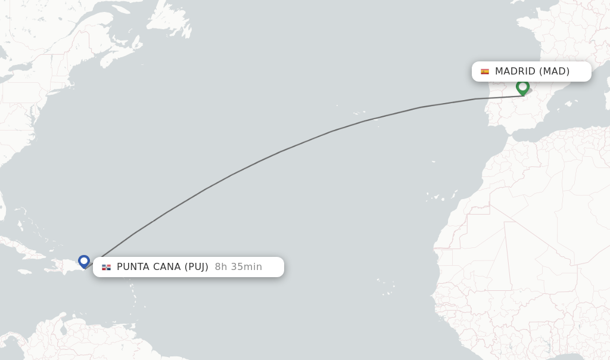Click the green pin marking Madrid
(522, 87)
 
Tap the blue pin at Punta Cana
(84, 261)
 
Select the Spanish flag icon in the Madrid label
(485, 72)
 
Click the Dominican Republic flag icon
(106, 267)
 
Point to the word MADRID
(515, 72)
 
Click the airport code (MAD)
(555, 72)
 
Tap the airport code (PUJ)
(196, 267)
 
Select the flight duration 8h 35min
(238, 267)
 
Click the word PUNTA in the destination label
(133, 267)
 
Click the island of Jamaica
(24, 272)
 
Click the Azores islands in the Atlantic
(359, 113)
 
